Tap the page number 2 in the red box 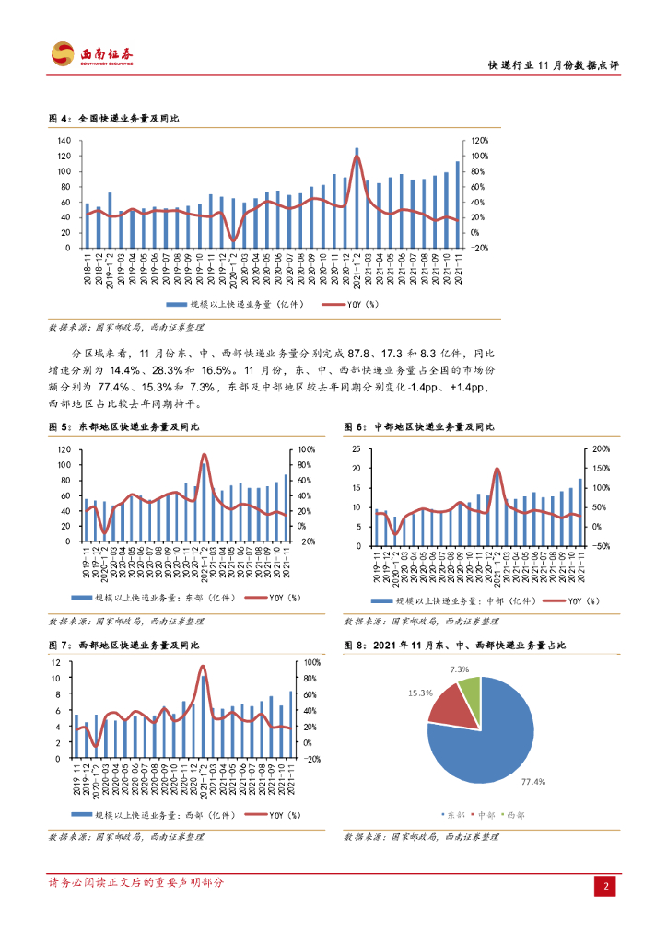tap(606, 886)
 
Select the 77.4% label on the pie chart tap(533, 782)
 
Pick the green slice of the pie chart tap(471, 698)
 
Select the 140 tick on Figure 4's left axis tap(64, 141)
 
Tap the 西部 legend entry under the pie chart tap(514, 815)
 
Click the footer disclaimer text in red tap(136, 882)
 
